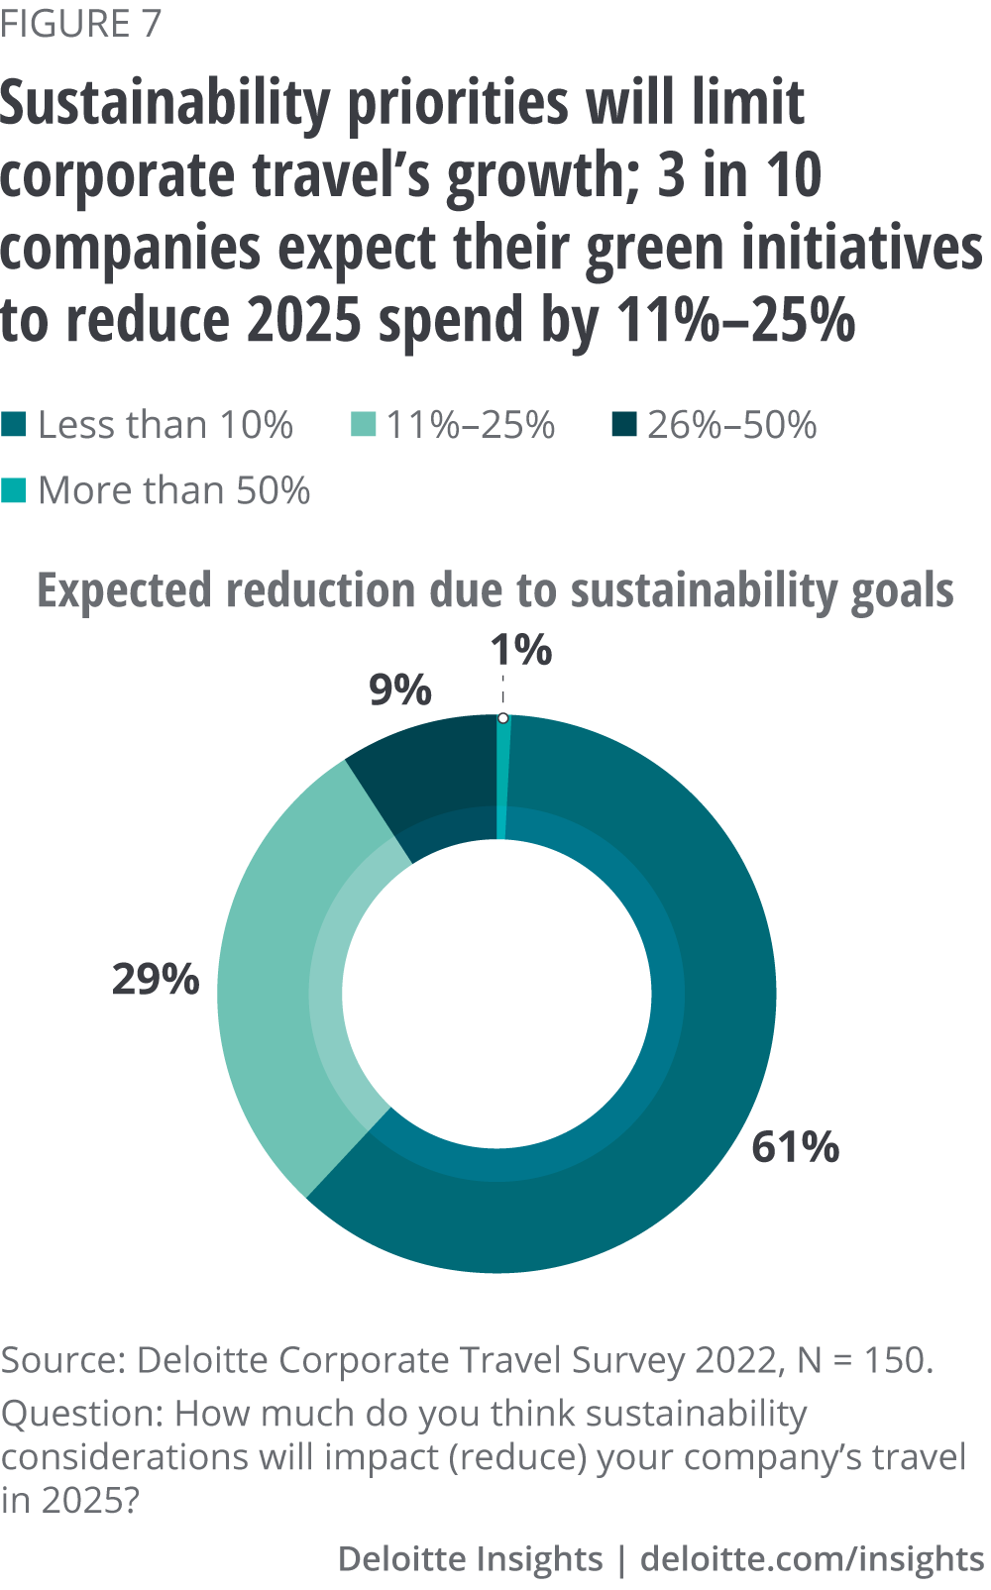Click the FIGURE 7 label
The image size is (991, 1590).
(x=80, y=24)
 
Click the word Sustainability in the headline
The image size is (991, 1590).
(x=165, y=104)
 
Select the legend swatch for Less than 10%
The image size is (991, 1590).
(x=14, y=425)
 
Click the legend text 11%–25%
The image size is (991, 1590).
(x=470, y=425)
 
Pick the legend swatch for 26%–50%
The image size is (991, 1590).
(x=623, y=425)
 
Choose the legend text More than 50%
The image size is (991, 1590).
(x=173, y=490)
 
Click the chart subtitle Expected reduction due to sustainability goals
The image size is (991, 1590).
(x=495, y=590)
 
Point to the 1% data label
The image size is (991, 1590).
(x=520, y=650)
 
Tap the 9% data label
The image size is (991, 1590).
(x=400, y=689)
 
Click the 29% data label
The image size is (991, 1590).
(x=156, y=979)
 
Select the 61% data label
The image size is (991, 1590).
(x=795, y=1146)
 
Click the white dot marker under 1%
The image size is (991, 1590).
(x=503, y=717)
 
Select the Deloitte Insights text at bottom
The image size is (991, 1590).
(x=470, y=1558)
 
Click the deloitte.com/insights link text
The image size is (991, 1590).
(x=812, y=1558)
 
